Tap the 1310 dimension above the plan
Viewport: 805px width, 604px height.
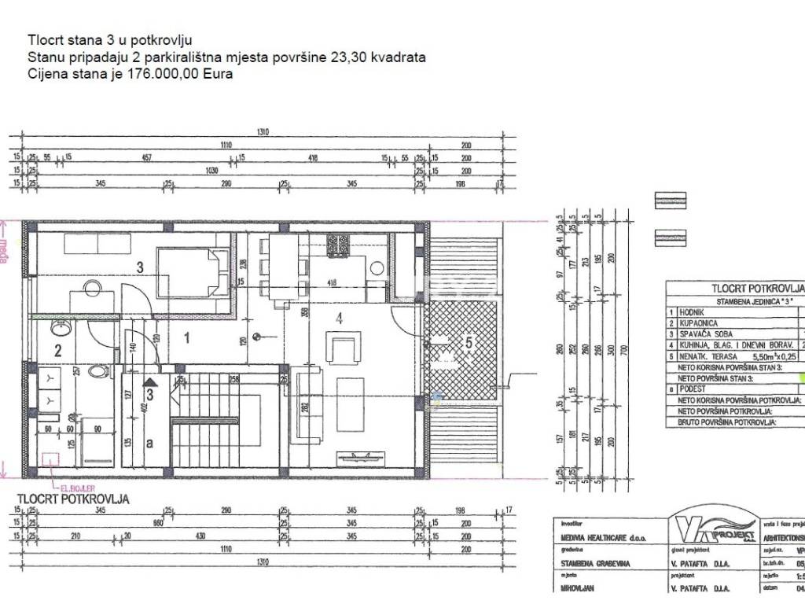click(262, 132)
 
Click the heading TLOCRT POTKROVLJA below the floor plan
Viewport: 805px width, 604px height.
click(73, 499)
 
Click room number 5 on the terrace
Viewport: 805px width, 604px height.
click(469, 343)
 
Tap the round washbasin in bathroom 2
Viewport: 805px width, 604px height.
click(57, 327)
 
